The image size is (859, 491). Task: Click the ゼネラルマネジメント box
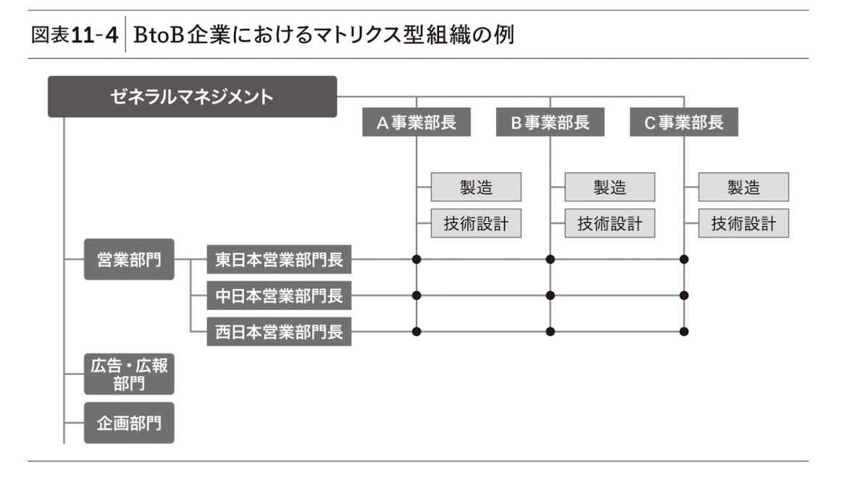(x=192, y=96)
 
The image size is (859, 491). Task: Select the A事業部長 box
(x=416, y=122)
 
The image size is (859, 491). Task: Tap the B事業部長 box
(x=550, y=122)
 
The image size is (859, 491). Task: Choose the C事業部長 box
(x=684, y=122)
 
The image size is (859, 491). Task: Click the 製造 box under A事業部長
(x=476, y=187)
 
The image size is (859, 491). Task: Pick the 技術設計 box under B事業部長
(x=609, y=223)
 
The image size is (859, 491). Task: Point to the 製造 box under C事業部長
(x=743, y=187)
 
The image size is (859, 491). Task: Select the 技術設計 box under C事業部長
(x=743, y=223)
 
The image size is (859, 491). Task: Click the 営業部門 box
(x=129, y=259)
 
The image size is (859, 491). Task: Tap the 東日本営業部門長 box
(x=279, y=259)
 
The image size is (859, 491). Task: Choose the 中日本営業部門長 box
(x=279, y=295)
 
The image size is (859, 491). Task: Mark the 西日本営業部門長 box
(x=279, y=332)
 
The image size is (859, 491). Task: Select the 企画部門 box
(x=129, y=422)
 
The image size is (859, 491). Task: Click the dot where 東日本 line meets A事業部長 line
(x=416, y=259)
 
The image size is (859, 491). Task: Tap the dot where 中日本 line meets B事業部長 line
(x=550, y=295)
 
